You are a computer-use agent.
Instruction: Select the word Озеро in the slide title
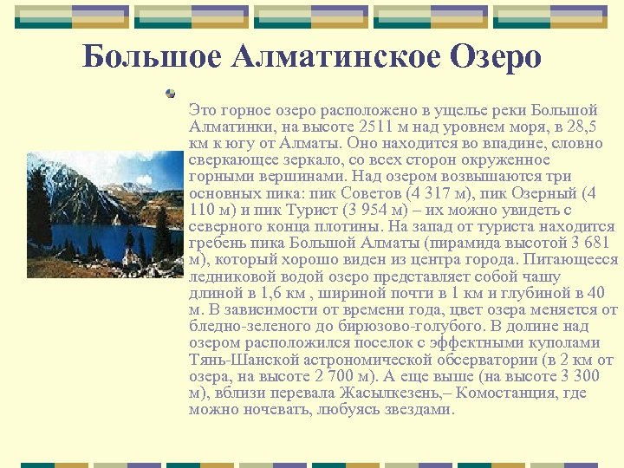tap(496, 57)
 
